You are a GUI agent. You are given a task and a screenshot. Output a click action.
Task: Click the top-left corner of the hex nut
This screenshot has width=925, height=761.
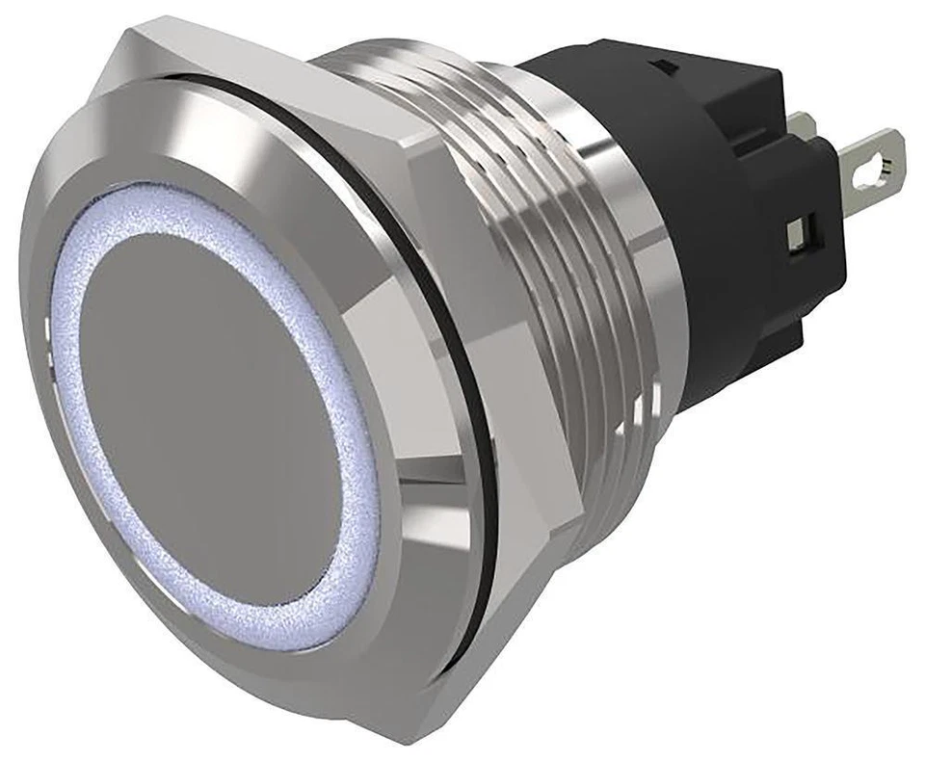(x=125, y=39)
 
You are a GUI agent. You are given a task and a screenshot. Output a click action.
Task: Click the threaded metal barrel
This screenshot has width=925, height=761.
(x=540, y=241)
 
